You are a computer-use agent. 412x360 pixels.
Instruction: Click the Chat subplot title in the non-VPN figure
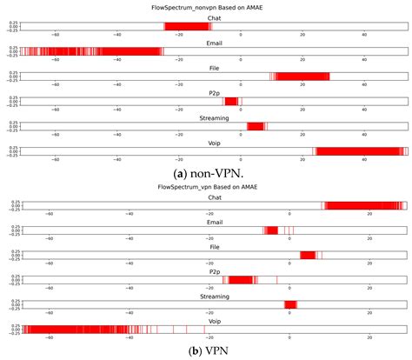point(214,17)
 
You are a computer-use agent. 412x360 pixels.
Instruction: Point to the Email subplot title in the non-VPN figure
point(214,42)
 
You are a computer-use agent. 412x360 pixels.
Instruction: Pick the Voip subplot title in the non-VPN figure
point(214,142)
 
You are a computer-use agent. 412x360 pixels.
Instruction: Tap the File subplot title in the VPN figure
point(214,246)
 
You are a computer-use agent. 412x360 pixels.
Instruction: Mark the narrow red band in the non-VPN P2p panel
point(230,102)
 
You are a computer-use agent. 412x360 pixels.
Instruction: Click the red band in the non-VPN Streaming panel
point(256,127)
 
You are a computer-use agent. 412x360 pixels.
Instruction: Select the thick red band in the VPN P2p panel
point(243,280)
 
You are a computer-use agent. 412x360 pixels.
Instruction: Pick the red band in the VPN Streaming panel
point(290,304)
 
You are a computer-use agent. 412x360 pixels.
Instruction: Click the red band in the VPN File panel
point(307,255)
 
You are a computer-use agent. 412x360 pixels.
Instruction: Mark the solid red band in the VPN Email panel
point(271,230)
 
